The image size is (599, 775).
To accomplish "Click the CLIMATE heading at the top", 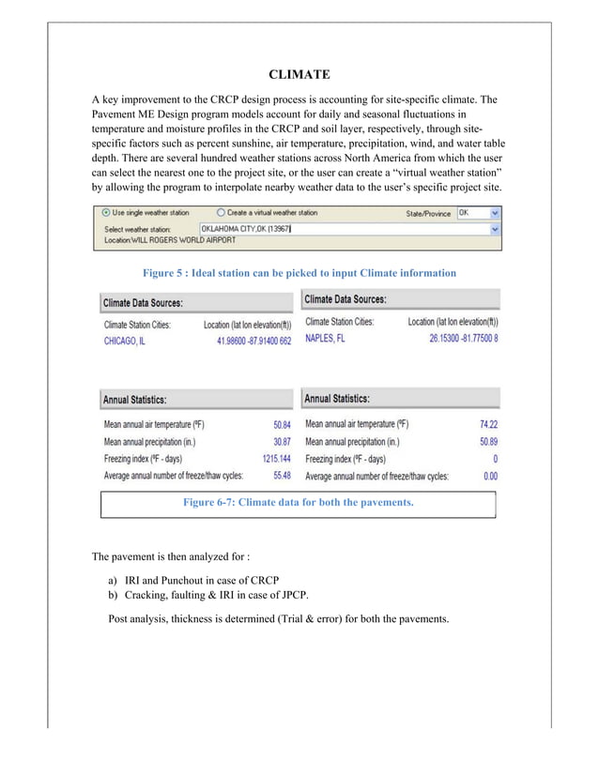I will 299,74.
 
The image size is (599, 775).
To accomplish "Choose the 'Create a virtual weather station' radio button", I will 220,213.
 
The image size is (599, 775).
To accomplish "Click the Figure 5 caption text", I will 299,273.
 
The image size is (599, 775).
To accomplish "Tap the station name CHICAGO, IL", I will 124,342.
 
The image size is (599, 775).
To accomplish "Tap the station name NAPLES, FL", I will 325,339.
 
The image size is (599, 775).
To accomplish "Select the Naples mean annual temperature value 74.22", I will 486,424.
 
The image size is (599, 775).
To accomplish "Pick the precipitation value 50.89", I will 486,441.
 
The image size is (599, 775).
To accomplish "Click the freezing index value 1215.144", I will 272,459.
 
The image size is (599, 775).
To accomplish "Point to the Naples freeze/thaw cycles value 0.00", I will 488,476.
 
